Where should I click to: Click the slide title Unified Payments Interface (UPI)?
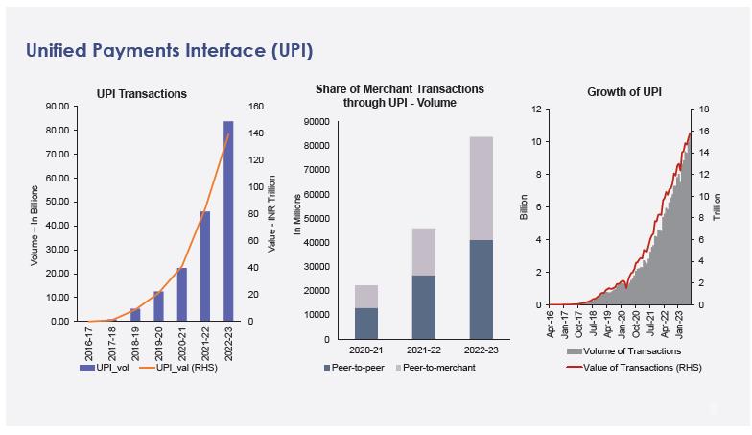click(169, 50)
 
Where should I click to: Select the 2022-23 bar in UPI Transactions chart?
click(228, 221)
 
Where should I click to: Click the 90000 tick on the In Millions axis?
click(317, 122)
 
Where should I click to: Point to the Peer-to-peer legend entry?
click(360, 368)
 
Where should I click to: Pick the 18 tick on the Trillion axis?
click(704, 109)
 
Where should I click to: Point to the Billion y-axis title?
click(524, 207)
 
